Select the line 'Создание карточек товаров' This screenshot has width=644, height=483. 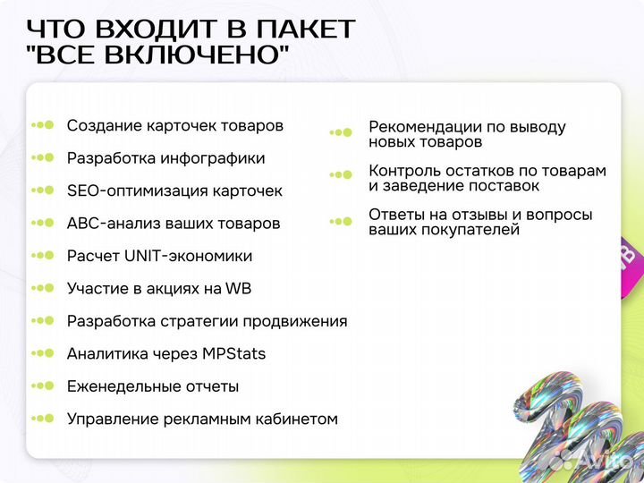click(175, 126)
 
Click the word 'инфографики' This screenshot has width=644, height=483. click(213, 158)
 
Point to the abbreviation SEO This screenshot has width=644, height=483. click(84, 191)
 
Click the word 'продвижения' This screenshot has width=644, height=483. click(296, 321)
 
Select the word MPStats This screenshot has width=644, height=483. click(235, 353)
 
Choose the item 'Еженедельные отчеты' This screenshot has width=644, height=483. click(153, 386)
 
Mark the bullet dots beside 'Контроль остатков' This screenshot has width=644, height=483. click(342, 176)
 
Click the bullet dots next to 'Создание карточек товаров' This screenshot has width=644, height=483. click(43, 126)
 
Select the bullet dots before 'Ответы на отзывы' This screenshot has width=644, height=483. click(342, 221)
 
